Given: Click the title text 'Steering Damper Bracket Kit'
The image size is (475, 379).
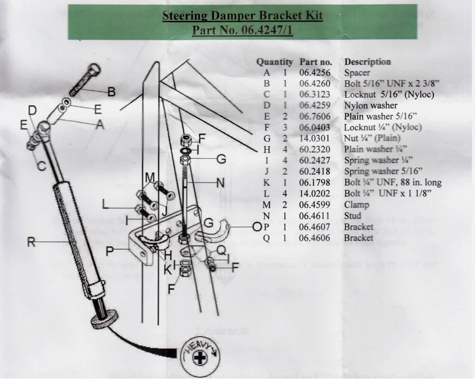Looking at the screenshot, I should pos(242,16).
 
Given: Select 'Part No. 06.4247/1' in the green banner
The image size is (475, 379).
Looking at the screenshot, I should pos(242,31).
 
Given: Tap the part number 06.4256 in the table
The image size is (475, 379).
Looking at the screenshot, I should pos(315,73).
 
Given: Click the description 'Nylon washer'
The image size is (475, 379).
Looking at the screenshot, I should pos(370,105).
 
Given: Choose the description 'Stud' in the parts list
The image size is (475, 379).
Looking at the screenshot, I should pos(353,215).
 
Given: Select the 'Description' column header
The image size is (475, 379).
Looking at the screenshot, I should pos(367,62).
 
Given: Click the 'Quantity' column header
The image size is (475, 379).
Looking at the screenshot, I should pos(274,62).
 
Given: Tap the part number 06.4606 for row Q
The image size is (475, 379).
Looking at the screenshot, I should pos(315,238).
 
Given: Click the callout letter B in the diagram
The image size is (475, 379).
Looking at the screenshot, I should pos(112,92).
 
